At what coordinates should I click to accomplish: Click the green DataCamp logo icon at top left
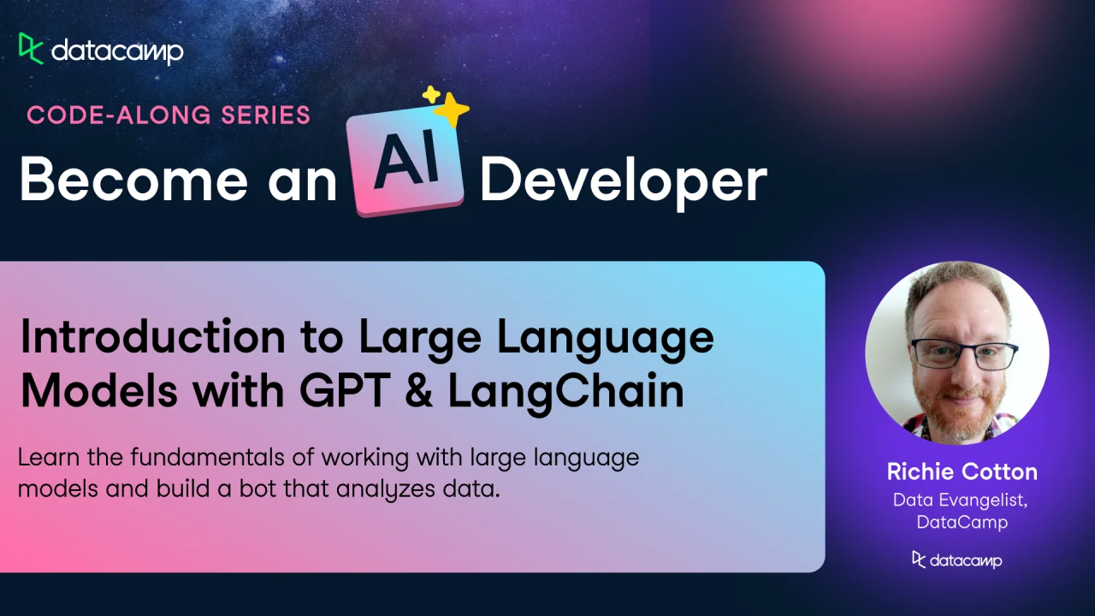pyautogui.click(x=32, y=49)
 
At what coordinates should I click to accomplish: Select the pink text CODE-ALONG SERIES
pyautogui.click(x=169, y=115)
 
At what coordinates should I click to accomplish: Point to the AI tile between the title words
pyautogui.click(x=405, y=166)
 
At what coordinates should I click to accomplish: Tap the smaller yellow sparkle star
pyautogui.click(x=431, y=94)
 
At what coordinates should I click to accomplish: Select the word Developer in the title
pyautogui.click(x=624, y=183)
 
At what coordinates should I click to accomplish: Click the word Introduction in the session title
pyautogui.click(x=152, y=336)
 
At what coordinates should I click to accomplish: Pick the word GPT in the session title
pyautogui.click(x=345, y=391)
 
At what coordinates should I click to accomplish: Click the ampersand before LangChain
pyautogui.click(x=419, y=391)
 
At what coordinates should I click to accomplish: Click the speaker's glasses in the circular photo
pyautogui.click(x=964, y=354)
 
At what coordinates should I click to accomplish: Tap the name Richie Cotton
pyautogui.click(x=962, y=471)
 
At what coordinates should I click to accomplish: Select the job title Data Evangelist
pyautogui.click(x=960, y=500)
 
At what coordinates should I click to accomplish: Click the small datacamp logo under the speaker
pyautogui.click(x=957, y=560)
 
